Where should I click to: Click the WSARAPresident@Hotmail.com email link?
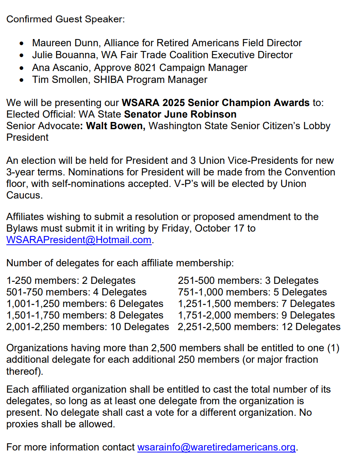click(x=79, y=240)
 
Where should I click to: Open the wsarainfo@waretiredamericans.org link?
click(x=216, y=447)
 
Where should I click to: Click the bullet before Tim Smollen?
click(x=22, y=80)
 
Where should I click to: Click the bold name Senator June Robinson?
click(x=180, y=114)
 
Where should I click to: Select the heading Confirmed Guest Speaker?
click(x=65, y=19)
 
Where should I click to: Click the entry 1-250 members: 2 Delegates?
click(x=71, y=280)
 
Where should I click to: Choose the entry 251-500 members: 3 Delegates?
click(x=248, y=280)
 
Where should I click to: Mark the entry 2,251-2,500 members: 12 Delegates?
click(x=259, y=327)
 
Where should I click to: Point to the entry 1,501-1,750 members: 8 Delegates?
click(x=85, y=315)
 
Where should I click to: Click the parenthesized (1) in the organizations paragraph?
click(x=333, y=348)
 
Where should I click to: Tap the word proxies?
click(x=23, y=424)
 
